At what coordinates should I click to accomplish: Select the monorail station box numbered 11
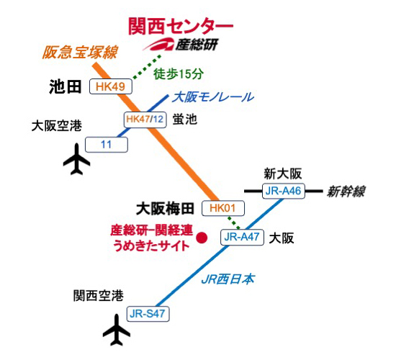[x=107, y=145]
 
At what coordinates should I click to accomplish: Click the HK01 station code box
[x=224, y=209]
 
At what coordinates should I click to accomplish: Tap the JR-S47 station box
[x=148, y=313]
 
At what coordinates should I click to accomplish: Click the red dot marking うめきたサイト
[x=202, y=237]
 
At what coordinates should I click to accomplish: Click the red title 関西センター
[x=180, y=26]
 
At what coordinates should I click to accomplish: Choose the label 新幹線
[x=346, y=191]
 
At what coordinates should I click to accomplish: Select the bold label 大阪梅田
[x=166, y=209]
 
